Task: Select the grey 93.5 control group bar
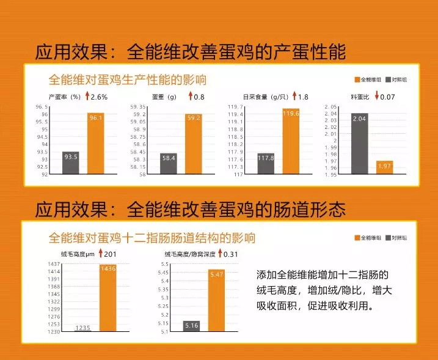pyautogui.click(x=71, y=163)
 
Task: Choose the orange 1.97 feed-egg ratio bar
pyautogui.click(x=384, y=167)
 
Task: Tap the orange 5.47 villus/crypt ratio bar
pyautogui.click(x=217, y=300)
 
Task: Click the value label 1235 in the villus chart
pyautogui.click(x=82, y=328)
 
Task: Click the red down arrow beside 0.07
pyautogui.click(x=377, y=97)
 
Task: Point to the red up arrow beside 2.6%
pyautogui.click(x=87, y=97)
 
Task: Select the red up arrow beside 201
pyautogui.click(x=100, y=254)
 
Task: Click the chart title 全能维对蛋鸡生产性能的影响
pyautogui.click(x=127, y=80)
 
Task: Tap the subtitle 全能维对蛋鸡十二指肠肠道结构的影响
pyautogui.click(x=151, y=238)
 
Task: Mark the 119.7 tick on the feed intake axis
pyautogui.click(x=235, y=106)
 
